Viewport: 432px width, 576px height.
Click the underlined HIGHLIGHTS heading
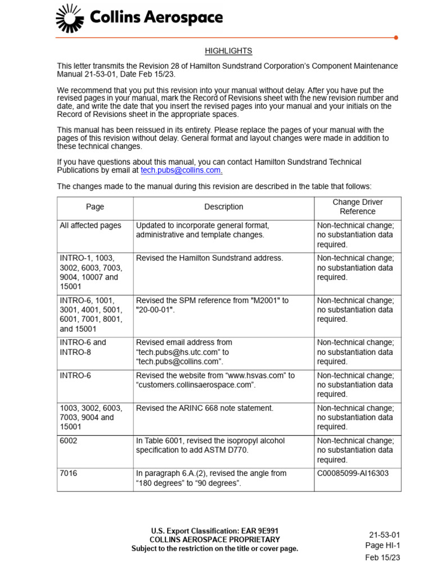click(x=228, y=51)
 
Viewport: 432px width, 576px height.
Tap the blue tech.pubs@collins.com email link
click(x=181, y=170)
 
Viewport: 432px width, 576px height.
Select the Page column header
click(x=95, y=206)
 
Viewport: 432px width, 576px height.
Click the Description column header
click(x=224, y=206)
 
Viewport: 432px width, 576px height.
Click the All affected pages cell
click(x=91, y=226)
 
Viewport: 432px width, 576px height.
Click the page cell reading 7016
click(x=69, y=474)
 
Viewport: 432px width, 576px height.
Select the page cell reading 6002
click(x=69, y=441)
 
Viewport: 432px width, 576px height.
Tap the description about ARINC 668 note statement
click(x=205, y=408)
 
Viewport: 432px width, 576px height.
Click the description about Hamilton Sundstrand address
click(x=209, y=258)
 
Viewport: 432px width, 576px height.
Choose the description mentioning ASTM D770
click(x=210, y=445)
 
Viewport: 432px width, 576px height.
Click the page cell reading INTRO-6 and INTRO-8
click(x=83, y=347)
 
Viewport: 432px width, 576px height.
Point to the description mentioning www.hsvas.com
click(x=215, y=380)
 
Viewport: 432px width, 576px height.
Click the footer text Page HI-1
click(x=382, y=545)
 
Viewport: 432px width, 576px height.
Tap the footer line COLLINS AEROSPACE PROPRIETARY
click(x=214, y=540)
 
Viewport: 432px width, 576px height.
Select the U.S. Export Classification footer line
click(x=214, y=531)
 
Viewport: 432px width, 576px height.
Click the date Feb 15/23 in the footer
click(x=382, y=557)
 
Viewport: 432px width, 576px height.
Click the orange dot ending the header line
click(x=396, y=38)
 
